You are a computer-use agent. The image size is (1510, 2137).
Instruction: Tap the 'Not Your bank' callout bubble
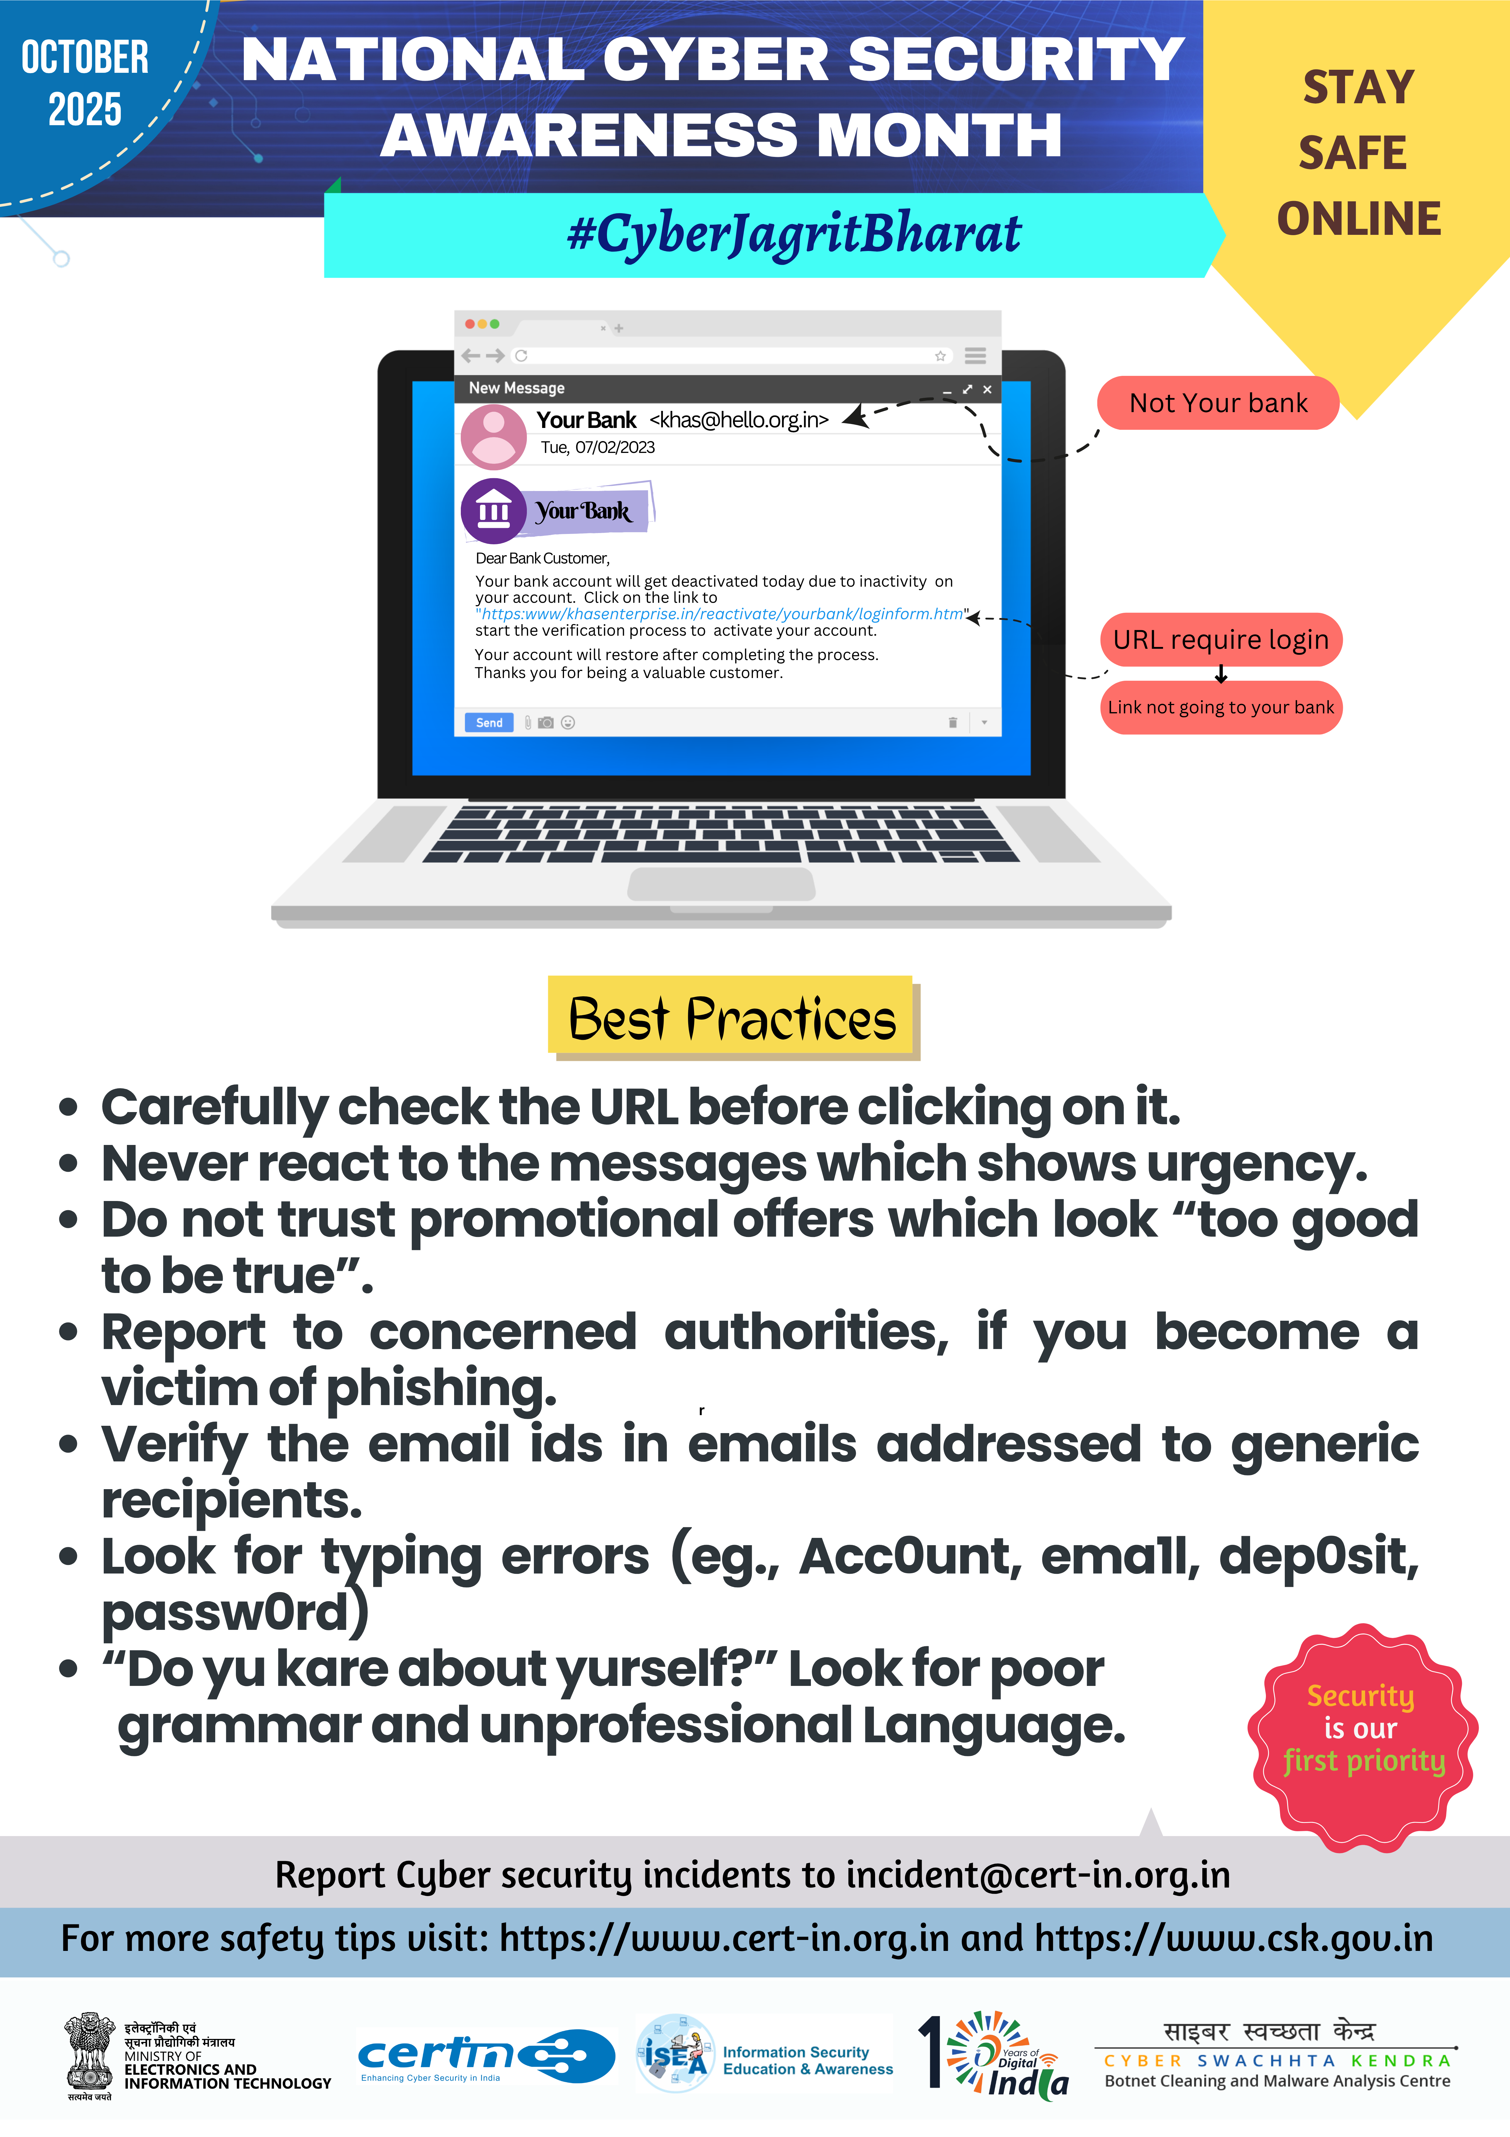click(x=1218, y=403)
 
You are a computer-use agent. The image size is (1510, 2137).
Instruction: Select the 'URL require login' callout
click(x=1221, y=639)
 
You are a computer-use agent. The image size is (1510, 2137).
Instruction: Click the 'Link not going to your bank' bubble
click(x=1221, y=707)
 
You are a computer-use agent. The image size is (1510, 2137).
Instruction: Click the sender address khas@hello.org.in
click(x=739, y=420)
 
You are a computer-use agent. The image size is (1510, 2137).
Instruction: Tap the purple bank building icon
click(x=493, y=511)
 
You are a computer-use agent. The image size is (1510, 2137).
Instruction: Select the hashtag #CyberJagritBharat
click(x=794, y=234)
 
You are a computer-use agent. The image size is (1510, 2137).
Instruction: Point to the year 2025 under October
click(x=85, y=110)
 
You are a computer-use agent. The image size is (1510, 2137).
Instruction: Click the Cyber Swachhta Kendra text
click(x=1277, y=2061)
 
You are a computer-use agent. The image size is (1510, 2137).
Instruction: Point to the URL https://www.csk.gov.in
click(x=1234, y=1939)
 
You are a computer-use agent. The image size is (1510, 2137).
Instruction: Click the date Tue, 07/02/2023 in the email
click(x=597, y=448)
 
